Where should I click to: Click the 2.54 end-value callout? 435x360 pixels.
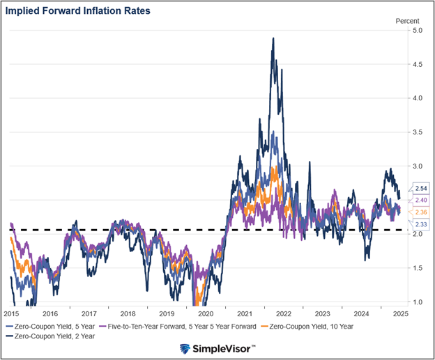pos(420,189)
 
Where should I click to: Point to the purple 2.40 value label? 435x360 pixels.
pos(420,200)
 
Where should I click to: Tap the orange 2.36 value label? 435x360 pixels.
pos(420,212)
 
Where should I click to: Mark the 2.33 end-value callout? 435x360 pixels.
pos(420,224)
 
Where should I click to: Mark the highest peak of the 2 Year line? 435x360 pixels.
pos(273,38)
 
